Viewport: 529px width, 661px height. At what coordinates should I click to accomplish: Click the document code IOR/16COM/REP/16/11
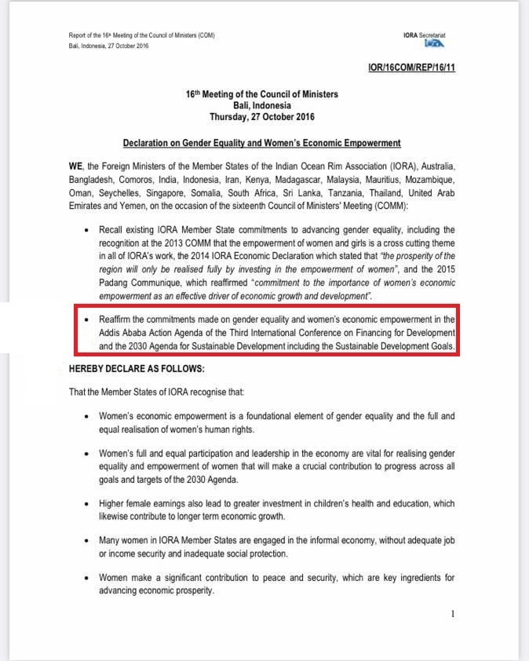click(411, 68)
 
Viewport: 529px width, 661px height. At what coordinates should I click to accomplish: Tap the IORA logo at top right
click(434, 44)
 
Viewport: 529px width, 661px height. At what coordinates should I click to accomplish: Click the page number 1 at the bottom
click(453, 614)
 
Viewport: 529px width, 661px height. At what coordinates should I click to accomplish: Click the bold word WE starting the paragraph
click(75, 166)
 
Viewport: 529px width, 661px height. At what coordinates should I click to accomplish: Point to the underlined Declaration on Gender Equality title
click(261, 143)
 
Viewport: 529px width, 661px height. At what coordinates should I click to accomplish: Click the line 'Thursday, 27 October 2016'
click(261, 117)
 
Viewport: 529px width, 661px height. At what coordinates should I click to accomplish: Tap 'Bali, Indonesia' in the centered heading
click(261, 105)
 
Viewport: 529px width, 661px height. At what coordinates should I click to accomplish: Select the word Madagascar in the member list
click(314, 179)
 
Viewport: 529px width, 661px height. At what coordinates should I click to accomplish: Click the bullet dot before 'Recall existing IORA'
click(86, 230)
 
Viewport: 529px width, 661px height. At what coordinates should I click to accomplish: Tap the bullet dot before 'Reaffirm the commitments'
click(86, 320)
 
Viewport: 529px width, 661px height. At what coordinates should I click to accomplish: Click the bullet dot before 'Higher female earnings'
click(86, 503)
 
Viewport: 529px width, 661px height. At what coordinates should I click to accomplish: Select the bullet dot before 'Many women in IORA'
click(86, 541)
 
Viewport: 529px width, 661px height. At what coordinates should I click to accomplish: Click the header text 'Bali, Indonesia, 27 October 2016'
click(109, 46)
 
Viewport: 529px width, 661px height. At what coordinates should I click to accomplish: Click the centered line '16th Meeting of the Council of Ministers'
click(261, 94)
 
